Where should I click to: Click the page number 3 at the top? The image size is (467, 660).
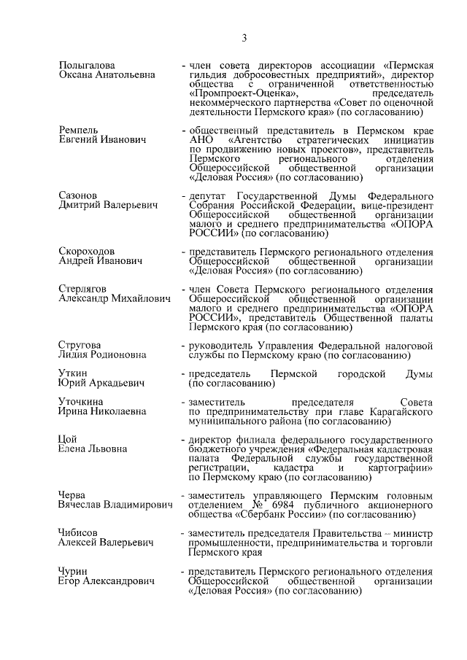point(245,39)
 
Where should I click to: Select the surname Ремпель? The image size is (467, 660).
point(78,129)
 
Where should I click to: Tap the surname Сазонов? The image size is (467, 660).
point(77,196)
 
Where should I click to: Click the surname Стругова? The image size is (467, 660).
point(80,345)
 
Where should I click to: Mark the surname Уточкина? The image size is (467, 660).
point(81,401)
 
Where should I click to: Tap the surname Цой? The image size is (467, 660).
point(67,439)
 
